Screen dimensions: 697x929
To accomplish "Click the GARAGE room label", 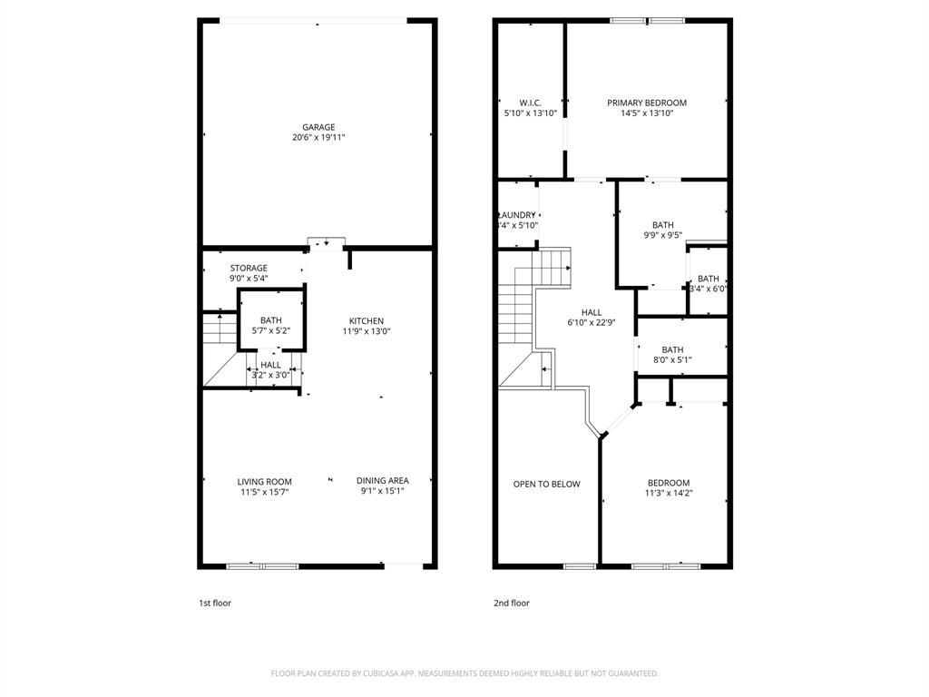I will coord(318,127).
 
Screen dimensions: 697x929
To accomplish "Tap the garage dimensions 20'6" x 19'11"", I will coord(318,138).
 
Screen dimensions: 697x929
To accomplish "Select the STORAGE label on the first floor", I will coord(248,268).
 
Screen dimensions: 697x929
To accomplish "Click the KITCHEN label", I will coord(367,320).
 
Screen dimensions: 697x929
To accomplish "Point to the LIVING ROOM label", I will coord(265,481).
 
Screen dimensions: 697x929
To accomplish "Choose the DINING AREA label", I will coord(382,480).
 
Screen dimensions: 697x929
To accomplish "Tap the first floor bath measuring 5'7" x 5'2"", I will coord(270,326).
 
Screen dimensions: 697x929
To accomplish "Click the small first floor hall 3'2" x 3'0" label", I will coord(270,369).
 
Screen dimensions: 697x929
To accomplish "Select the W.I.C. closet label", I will coord(531,103).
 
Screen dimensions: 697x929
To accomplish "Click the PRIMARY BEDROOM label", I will coord(647,103).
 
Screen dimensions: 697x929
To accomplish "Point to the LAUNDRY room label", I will coord(517,215).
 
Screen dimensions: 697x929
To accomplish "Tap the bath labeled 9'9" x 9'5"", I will coord(662,230).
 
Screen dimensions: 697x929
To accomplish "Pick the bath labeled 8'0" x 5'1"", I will coord(672,354).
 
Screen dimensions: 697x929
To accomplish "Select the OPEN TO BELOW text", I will coord(546,484).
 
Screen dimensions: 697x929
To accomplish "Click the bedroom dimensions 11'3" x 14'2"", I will coord(669,494).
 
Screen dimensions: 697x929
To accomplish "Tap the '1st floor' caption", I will coord(215,603).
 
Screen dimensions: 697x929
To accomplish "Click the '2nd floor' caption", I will coord(512,603).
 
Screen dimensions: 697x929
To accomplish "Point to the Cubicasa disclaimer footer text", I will coord(464,673).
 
